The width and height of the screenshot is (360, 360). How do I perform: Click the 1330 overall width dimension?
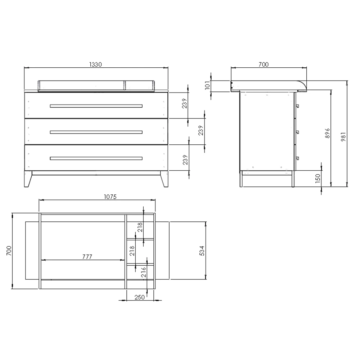(x=96, y=64)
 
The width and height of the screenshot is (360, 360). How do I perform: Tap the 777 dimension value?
(x=87, y=257)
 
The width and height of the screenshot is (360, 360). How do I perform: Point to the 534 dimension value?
(x=202, y=251)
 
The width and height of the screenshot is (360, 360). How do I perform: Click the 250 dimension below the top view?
(x=139, y=297)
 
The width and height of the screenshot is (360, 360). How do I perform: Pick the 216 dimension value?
(x=144, y=272)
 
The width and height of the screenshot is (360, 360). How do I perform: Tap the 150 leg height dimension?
(x=317, y=178)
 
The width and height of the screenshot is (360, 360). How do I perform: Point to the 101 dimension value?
(x=207, y=85)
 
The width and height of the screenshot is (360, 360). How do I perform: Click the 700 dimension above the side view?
(x=264, y=64)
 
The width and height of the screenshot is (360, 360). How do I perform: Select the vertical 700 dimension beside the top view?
(x=9, y=251)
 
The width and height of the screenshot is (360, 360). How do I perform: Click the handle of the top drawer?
(x=96, y=106)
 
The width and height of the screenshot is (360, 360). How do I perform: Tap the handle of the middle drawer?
(x=96, y=132)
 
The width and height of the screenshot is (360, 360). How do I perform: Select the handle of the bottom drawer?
(x=96, y=158)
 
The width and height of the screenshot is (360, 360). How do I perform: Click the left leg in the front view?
(x=28, y=179)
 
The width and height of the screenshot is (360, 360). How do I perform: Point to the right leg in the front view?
(x=164, y=179)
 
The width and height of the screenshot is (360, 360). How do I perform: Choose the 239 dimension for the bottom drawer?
(x=184, y=159)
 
